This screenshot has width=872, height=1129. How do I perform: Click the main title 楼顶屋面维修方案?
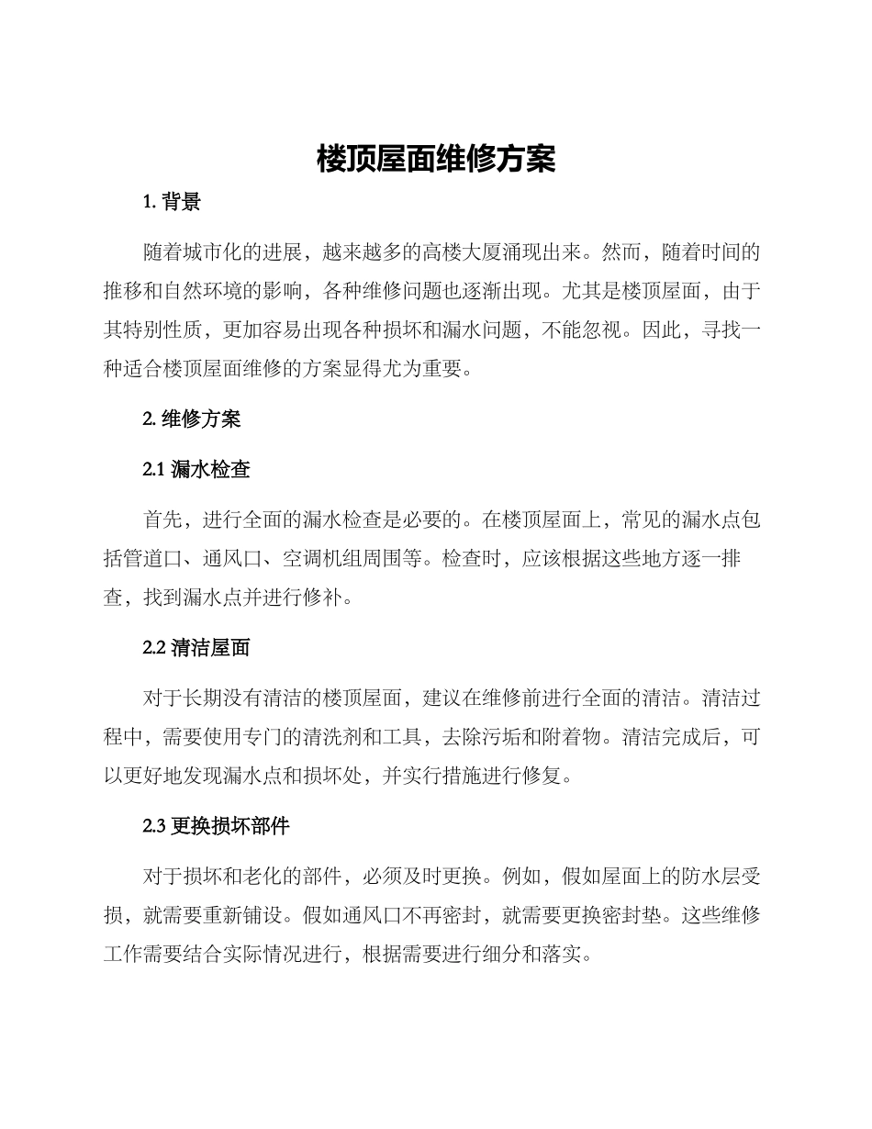(x=436, y=160)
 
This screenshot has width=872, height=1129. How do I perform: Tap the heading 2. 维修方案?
(x=192, y=419)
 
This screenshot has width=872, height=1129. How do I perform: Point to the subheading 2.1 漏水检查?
(x=196, y=470)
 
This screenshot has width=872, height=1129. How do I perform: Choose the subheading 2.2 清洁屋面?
(x=196, y=648)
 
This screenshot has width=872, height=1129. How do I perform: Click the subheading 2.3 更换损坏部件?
(x=217, y=826)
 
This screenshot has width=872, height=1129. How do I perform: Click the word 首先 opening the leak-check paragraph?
(x=163, y=520)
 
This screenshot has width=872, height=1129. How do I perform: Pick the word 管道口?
(x=163, y=560)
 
